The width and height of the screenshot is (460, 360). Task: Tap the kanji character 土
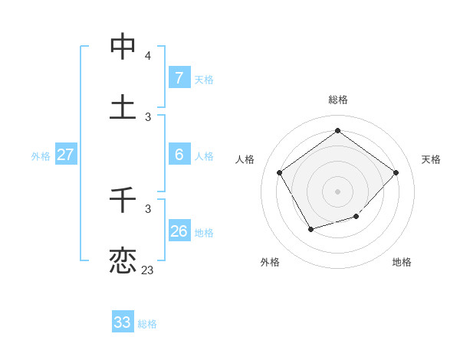click(x=123, y=106)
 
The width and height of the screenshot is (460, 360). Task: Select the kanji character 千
click(x=123, y=201)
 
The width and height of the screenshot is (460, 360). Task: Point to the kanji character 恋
click(x=123, y=260)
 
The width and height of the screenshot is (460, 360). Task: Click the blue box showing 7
click(x=179, y=77)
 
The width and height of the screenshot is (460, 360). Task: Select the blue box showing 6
click(x=179, y=154)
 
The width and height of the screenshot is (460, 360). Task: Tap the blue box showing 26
click(x=179, y=231)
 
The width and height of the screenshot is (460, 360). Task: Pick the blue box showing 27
click(x=65, y=155)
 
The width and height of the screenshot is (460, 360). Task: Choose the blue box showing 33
click(x=123, y=322)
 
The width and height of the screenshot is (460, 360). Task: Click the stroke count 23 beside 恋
click(x=147, y=270)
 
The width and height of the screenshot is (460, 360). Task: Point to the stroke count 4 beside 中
click(x=148, y=56)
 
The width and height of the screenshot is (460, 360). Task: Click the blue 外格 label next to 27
click(x=41, y=156)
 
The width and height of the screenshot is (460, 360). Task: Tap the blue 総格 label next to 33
click(x=147, y=324)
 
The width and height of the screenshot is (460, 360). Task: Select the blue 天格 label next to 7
click(x=204, y=79)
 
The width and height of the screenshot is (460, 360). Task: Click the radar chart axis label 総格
click(x=338, y=100)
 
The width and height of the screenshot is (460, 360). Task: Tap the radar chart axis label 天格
click(x=432, y=159)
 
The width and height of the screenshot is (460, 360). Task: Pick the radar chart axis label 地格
click(x=402, y=262)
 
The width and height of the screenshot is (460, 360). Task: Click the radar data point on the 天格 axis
click(x=396, y=172)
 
